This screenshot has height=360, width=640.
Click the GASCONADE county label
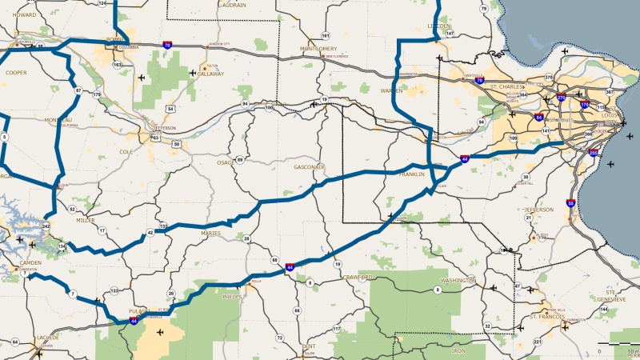coord(310,167)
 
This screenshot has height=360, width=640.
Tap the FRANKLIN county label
coord(412,174)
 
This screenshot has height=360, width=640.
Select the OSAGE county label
coord(226,162)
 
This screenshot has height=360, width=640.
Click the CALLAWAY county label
coord(210,74)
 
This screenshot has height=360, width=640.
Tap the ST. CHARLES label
coord(506,86)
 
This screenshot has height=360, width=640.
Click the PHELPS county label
coord(232,297)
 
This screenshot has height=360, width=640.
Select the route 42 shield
coord(150,233)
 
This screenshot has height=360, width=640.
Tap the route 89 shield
coord(239,160)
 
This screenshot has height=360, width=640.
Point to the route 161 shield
coord(325,36)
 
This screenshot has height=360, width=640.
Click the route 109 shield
coord(513,138)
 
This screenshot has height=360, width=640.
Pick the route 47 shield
coord(517,286)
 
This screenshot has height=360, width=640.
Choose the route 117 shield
coord(337,329)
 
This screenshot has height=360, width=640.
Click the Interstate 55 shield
coord(571,203)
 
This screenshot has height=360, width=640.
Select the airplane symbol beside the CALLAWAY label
coord(193,73)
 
